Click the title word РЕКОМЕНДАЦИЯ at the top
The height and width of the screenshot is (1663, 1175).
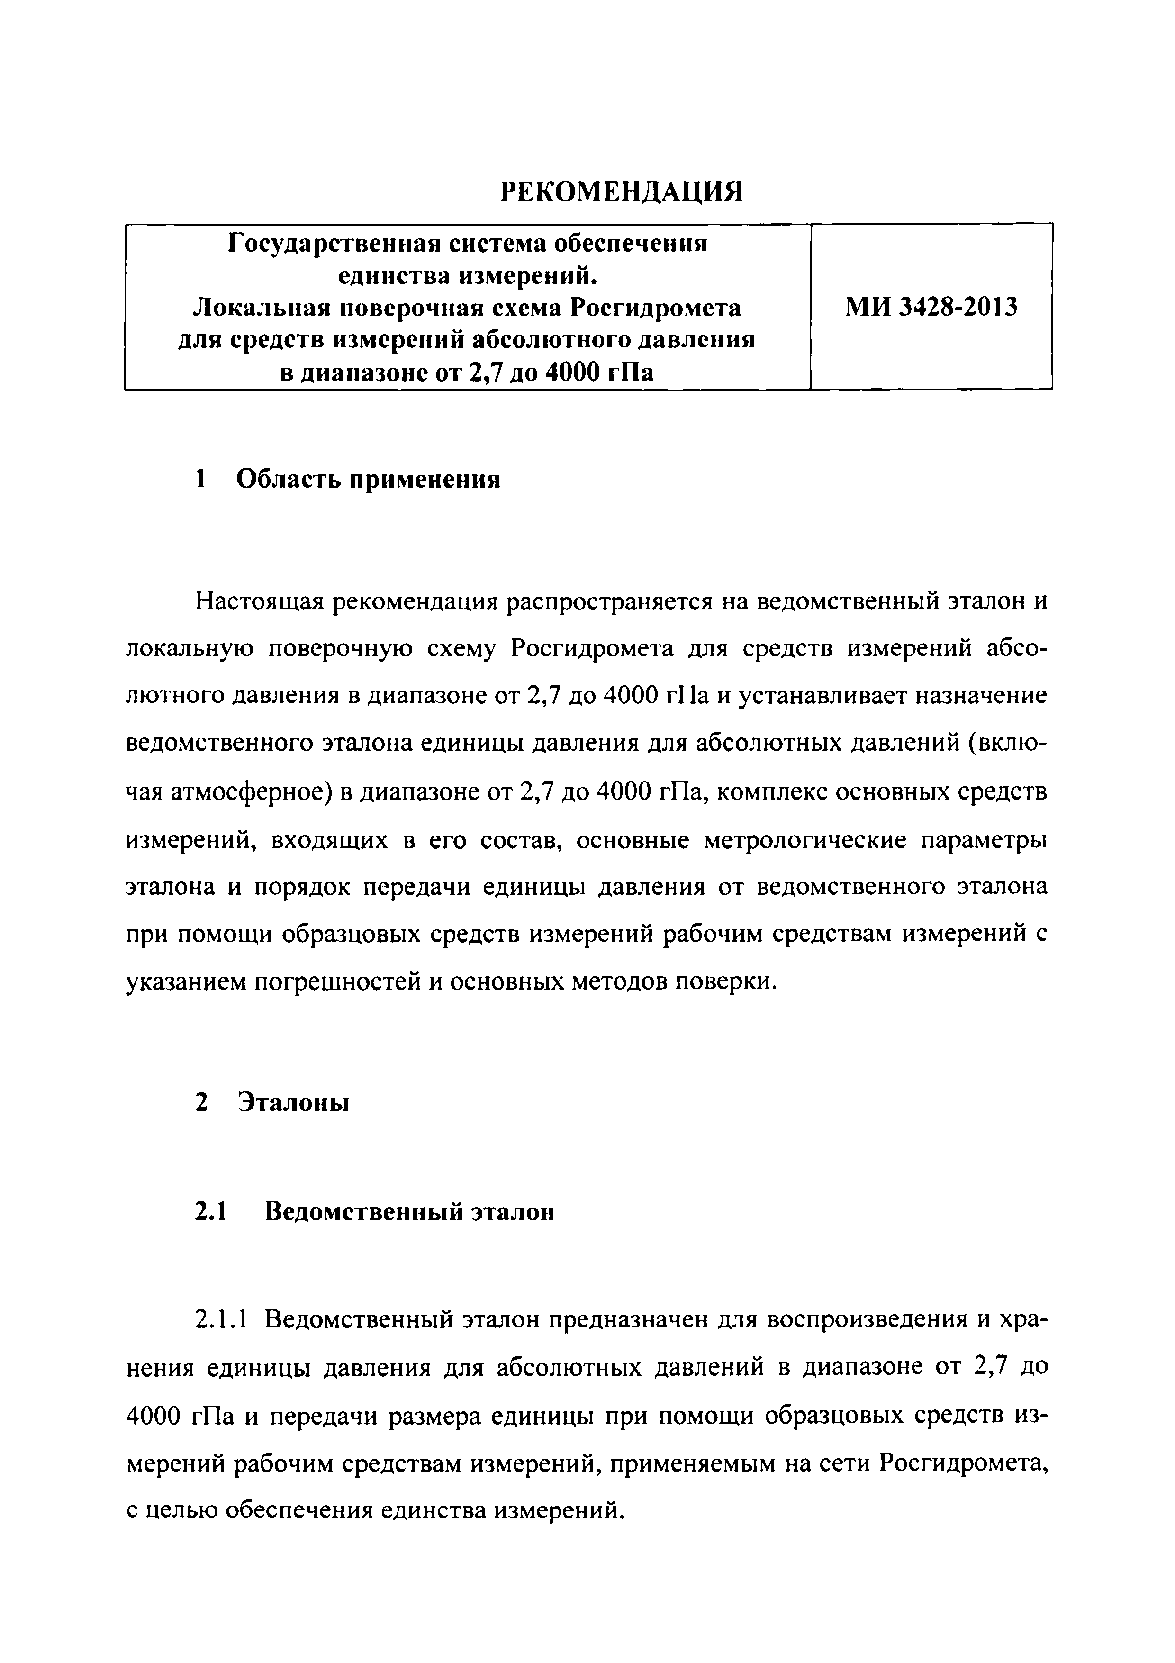click(x=622, y=191)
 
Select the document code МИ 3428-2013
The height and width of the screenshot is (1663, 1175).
click(x=931, y=307)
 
